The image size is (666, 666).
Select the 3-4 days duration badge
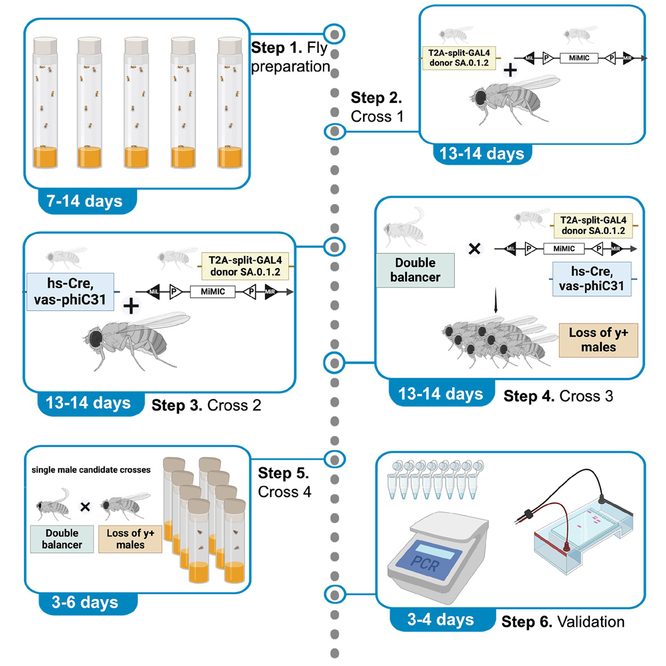pyautogui.click(x=441, y=620)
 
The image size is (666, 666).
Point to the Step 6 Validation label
pyautogui.click(x=563, y=622)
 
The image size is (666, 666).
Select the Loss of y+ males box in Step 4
pyautogui.click(x=594, y=338)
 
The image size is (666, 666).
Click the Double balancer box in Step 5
pyautogui.click(x=61, y=540)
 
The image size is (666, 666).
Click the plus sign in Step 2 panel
pyautogui.click(x=510, y=71)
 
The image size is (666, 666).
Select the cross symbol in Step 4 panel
pyautogui.click(x=473, y=248)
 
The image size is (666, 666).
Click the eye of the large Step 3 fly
pyautogui.click(x=98, y=338)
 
